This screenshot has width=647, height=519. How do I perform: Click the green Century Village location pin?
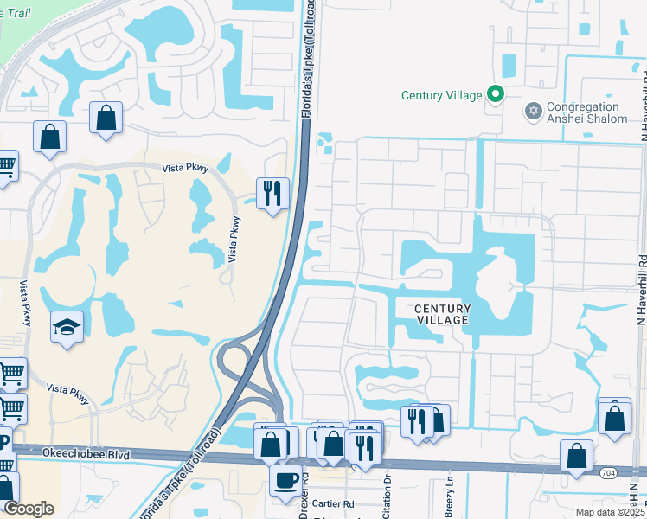click(495, 94)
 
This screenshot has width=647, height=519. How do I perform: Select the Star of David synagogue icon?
click(533, 111)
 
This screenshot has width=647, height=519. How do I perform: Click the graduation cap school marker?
click(67, 328)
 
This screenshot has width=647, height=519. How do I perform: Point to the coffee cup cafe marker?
click(285, 480)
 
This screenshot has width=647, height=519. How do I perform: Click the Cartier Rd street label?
click(334, 503)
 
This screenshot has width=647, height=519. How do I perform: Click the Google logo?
click(29, 509)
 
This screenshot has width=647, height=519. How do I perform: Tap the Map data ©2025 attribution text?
click(611, 512)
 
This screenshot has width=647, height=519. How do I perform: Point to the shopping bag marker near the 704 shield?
click(576, 456)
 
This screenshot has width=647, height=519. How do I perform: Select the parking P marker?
click(3, 441)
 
